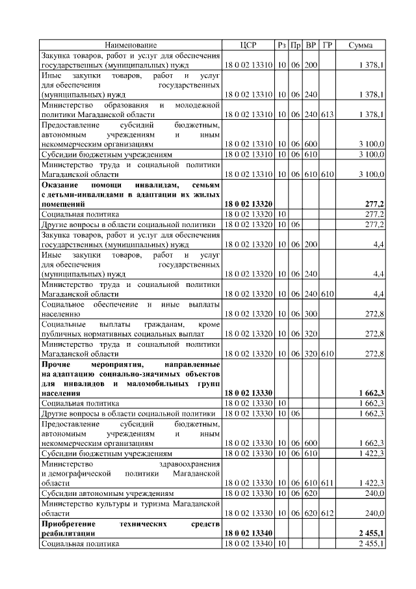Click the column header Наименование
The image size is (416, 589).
coord(131,45)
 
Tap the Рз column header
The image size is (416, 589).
coord(281,45)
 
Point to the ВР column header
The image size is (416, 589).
coord(311,45)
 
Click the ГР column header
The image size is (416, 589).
coord(327,45)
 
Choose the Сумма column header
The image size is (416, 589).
coord(361,45)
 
